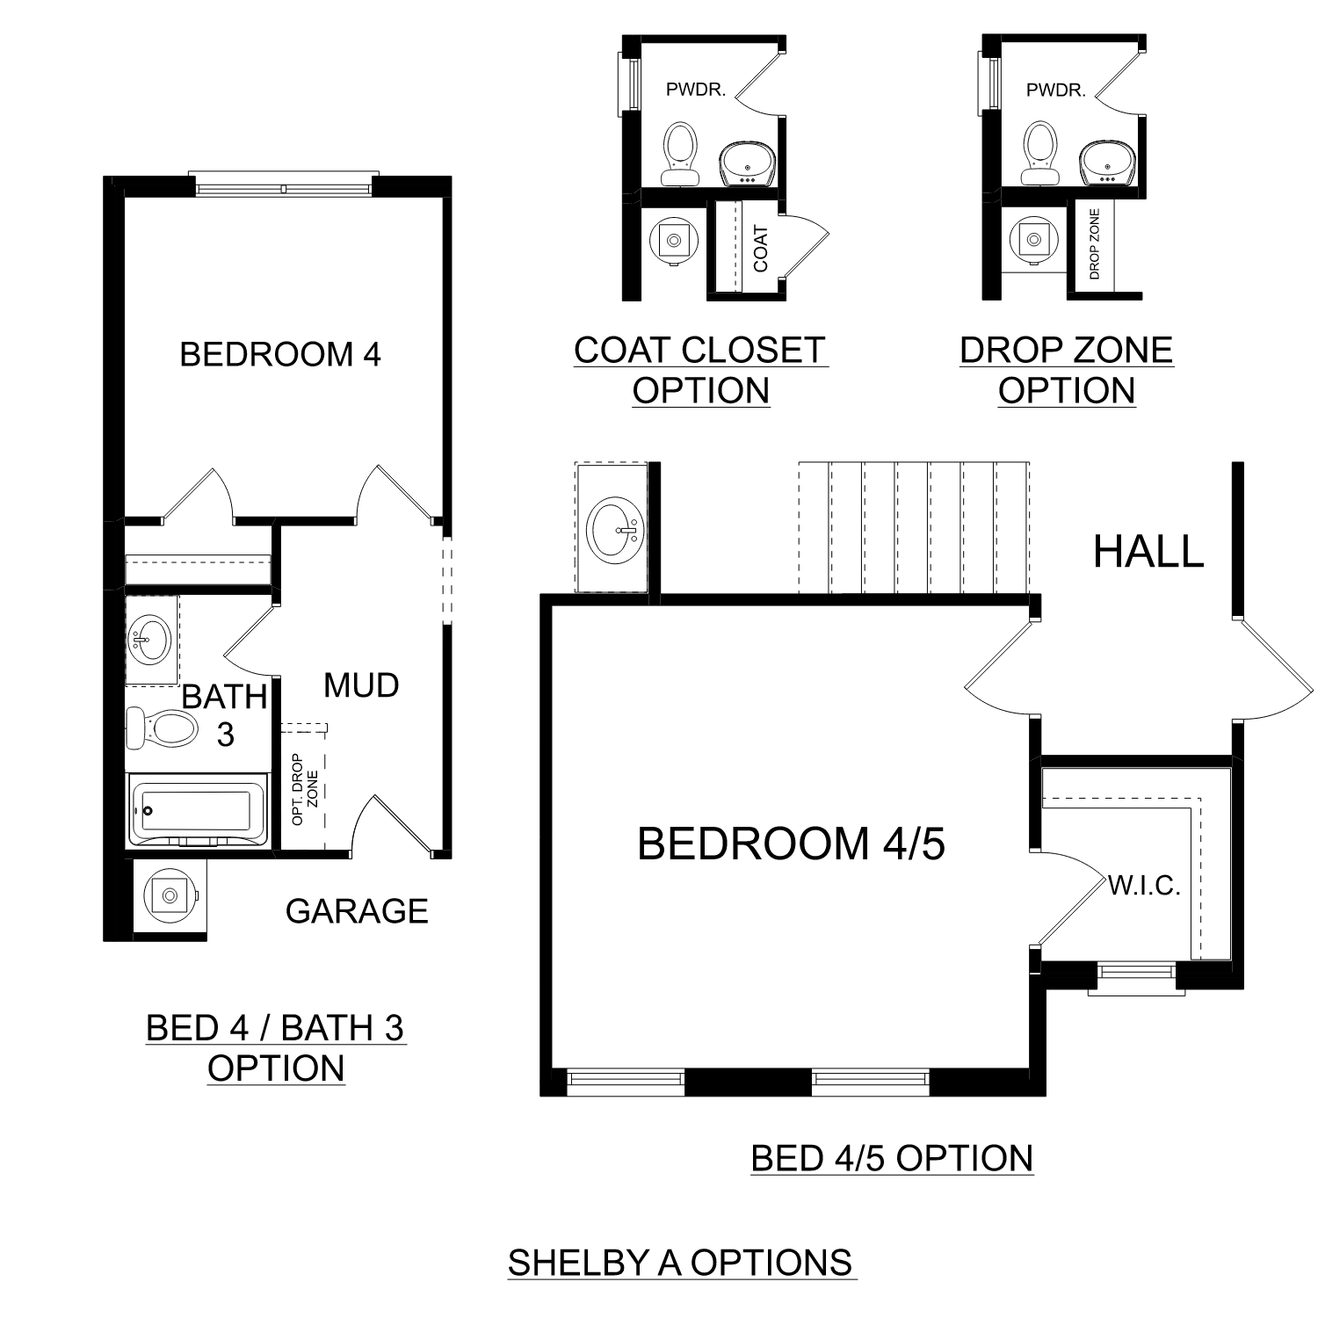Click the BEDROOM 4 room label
280,354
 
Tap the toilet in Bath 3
162,728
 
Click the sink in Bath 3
152,639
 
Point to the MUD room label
361,685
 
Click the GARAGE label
357,911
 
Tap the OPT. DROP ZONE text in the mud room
304,789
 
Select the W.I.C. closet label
1144,886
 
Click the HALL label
1148,552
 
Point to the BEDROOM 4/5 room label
791,844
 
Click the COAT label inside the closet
761,248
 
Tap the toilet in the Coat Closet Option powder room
680,153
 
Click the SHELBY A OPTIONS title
680,1263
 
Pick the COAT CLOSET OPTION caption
700,370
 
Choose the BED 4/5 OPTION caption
892,1158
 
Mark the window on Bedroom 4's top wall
282,186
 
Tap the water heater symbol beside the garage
169,896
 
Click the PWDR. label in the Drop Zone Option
1055,90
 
